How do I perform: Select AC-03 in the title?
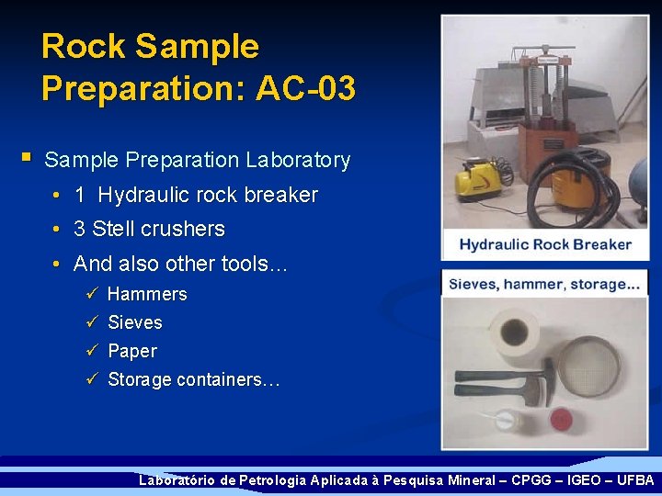click(x=306, y=88)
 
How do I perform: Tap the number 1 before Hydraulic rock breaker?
click(x=80, y=196)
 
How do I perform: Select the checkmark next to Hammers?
click(x=90, y=294)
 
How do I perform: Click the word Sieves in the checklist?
click(x=134, y=322)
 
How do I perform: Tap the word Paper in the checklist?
click(x=131, y=351)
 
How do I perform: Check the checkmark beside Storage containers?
click(x=90, y=379)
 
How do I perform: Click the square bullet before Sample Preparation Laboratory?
click(x=28, y=158)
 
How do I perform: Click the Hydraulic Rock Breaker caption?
click(x=545, y=244)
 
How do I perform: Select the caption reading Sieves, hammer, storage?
click(x=544, y=285)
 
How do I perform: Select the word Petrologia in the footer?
click(x=272, y=480)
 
